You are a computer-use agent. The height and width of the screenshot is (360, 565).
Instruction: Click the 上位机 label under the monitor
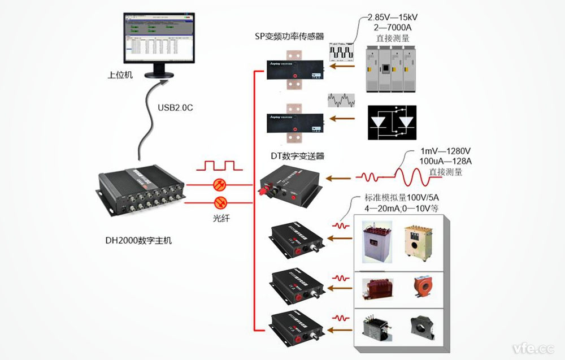click(120, 75)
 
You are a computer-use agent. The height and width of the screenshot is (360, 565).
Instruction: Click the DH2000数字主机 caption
click(138, 240)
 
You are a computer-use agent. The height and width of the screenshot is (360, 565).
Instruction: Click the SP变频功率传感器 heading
click(289, 37)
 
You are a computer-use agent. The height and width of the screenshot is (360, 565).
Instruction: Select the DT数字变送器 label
click(298, 156)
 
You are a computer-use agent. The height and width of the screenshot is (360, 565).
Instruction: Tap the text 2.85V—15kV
click(393, 17)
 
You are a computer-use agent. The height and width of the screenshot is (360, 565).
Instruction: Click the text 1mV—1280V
click(446, 151)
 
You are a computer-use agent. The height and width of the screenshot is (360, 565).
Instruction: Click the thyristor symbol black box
click(390, 122)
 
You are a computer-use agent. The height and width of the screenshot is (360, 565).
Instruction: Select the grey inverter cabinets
click(392, 70)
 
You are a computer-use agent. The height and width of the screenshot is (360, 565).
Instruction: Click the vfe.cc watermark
click(532, 347)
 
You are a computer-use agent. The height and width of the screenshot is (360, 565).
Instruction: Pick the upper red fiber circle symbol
click(219, 184)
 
